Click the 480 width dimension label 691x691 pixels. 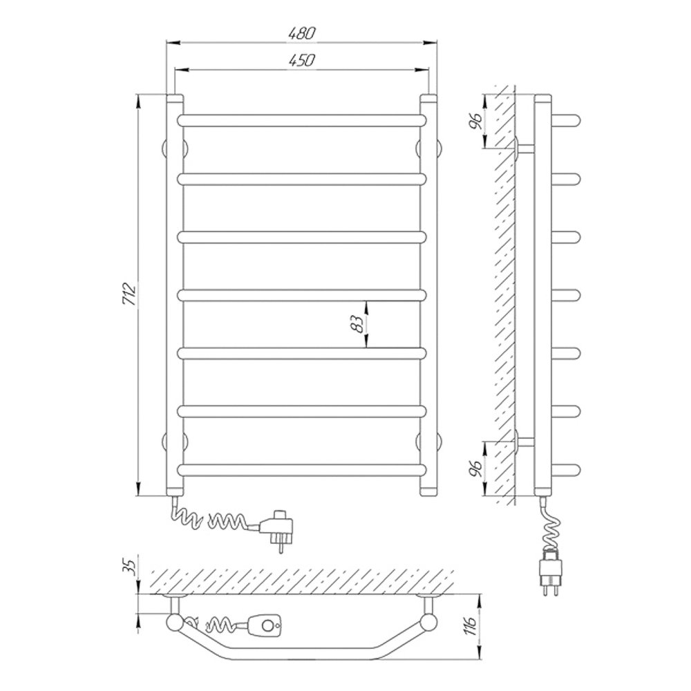pyautogui.click(x=302, y=34)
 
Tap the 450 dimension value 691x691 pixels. pyautogui.click(x=302, y=60)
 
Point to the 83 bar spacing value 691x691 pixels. pyautogui.click(x=357, y=324)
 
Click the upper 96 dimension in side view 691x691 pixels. pyautogui.click(x=475, y=120)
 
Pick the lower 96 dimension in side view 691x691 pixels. pyautogui.click(x=475, y=468)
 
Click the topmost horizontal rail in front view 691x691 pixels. pyautogui.click(x=303, y=120)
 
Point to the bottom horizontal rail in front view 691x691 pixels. pyautogui.click(x=303, y=470)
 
